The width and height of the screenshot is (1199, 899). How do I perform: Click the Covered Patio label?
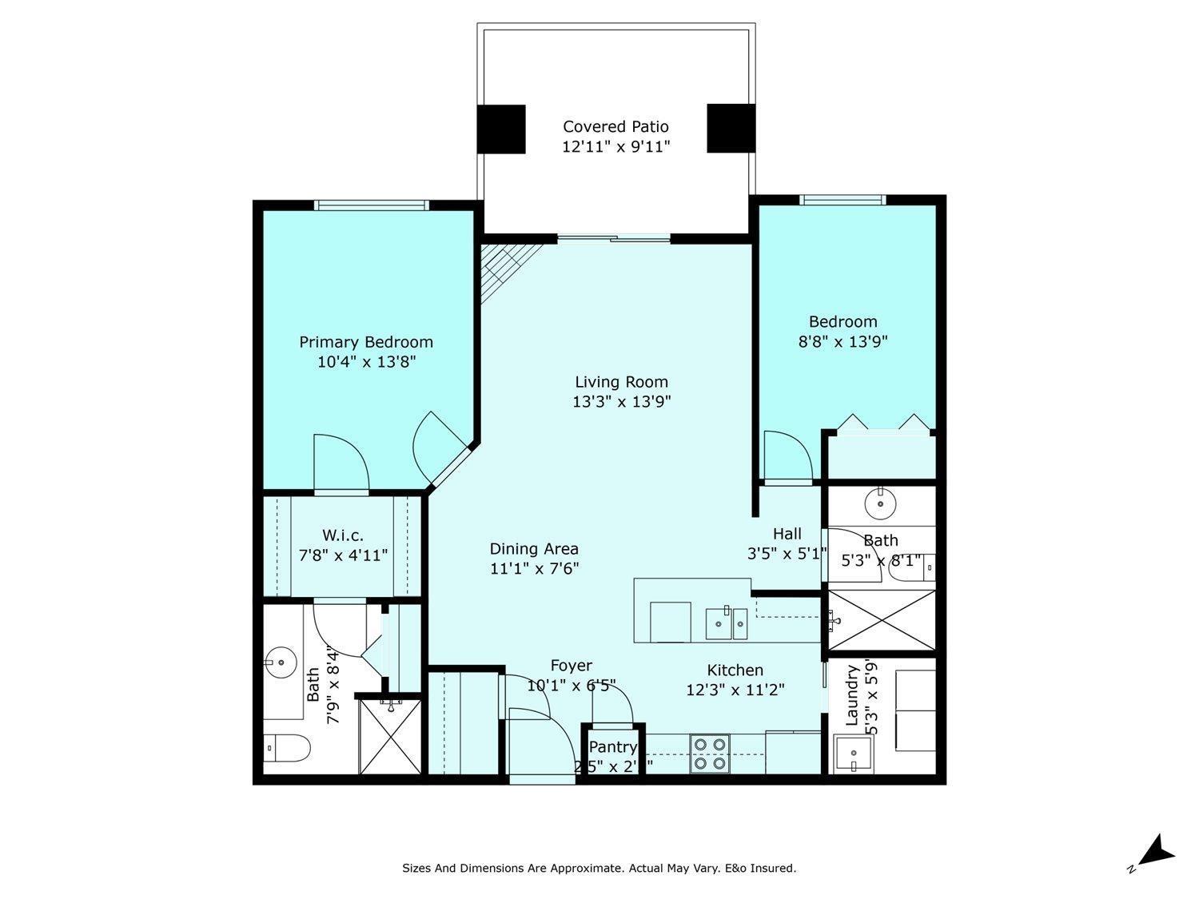615,126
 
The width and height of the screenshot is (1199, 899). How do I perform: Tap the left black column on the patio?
501,129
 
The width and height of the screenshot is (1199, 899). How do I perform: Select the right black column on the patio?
731,128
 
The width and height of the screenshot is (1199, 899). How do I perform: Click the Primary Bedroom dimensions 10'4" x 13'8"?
366,362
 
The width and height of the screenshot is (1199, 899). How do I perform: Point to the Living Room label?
621,382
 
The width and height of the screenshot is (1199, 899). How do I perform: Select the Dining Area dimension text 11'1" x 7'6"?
534,569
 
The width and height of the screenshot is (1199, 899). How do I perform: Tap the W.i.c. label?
343,535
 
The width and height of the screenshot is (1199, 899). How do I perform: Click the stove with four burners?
710,753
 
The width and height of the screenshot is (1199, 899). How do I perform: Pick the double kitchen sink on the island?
726,624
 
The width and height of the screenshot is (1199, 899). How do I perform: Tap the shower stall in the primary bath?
389,736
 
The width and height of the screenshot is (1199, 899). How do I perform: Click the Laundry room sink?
853,754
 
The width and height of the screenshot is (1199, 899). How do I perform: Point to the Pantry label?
612,747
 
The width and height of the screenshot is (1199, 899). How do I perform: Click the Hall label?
787,534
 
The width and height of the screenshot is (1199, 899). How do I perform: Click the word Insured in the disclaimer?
774,868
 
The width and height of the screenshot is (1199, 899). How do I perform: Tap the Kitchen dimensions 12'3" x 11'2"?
735,690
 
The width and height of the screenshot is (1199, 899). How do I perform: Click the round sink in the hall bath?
880,503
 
